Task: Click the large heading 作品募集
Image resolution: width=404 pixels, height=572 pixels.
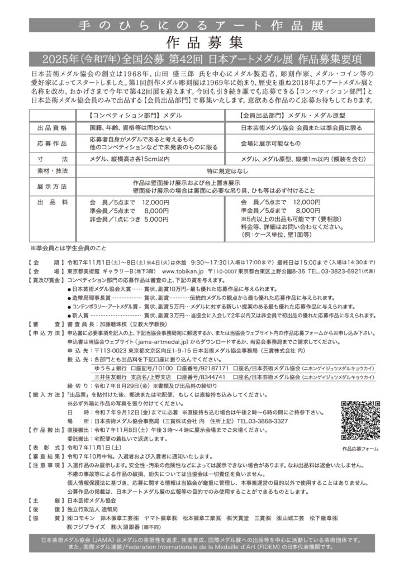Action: [x=202, y=41]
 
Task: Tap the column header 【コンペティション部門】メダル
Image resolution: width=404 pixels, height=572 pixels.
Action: [x=132, y=115]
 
